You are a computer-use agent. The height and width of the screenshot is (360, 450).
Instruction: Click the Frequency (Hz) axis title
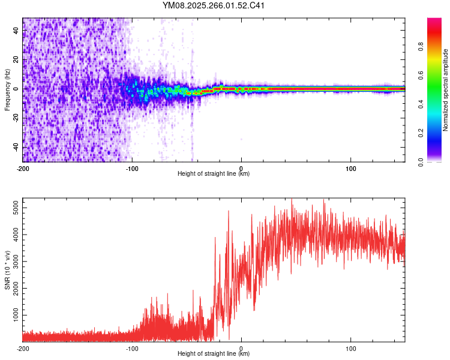coord(7,90)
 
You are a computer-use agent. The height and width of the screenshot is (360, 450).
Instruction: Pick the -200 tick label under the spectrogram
coord(23,167)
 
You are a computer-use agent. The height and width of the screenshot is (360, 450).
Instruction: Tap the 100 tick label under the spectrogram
coord(350,167)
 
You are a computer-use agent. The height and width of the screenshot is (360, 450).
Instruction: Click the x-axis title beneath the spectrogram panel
coord(214,174)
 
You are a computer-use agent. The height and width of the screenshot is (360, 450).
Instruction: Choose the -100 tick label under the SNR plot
coord(132,348)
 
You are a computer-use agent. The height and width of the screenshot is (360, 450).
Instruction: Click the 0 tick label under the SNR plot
coord(241,348)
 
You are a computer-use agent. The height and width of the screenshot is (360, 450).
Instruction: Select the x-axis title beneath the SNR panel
coord(214,354)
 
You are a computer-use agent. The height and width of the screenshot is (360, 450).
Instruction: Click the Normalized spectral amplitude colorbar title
coord(445,90)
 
